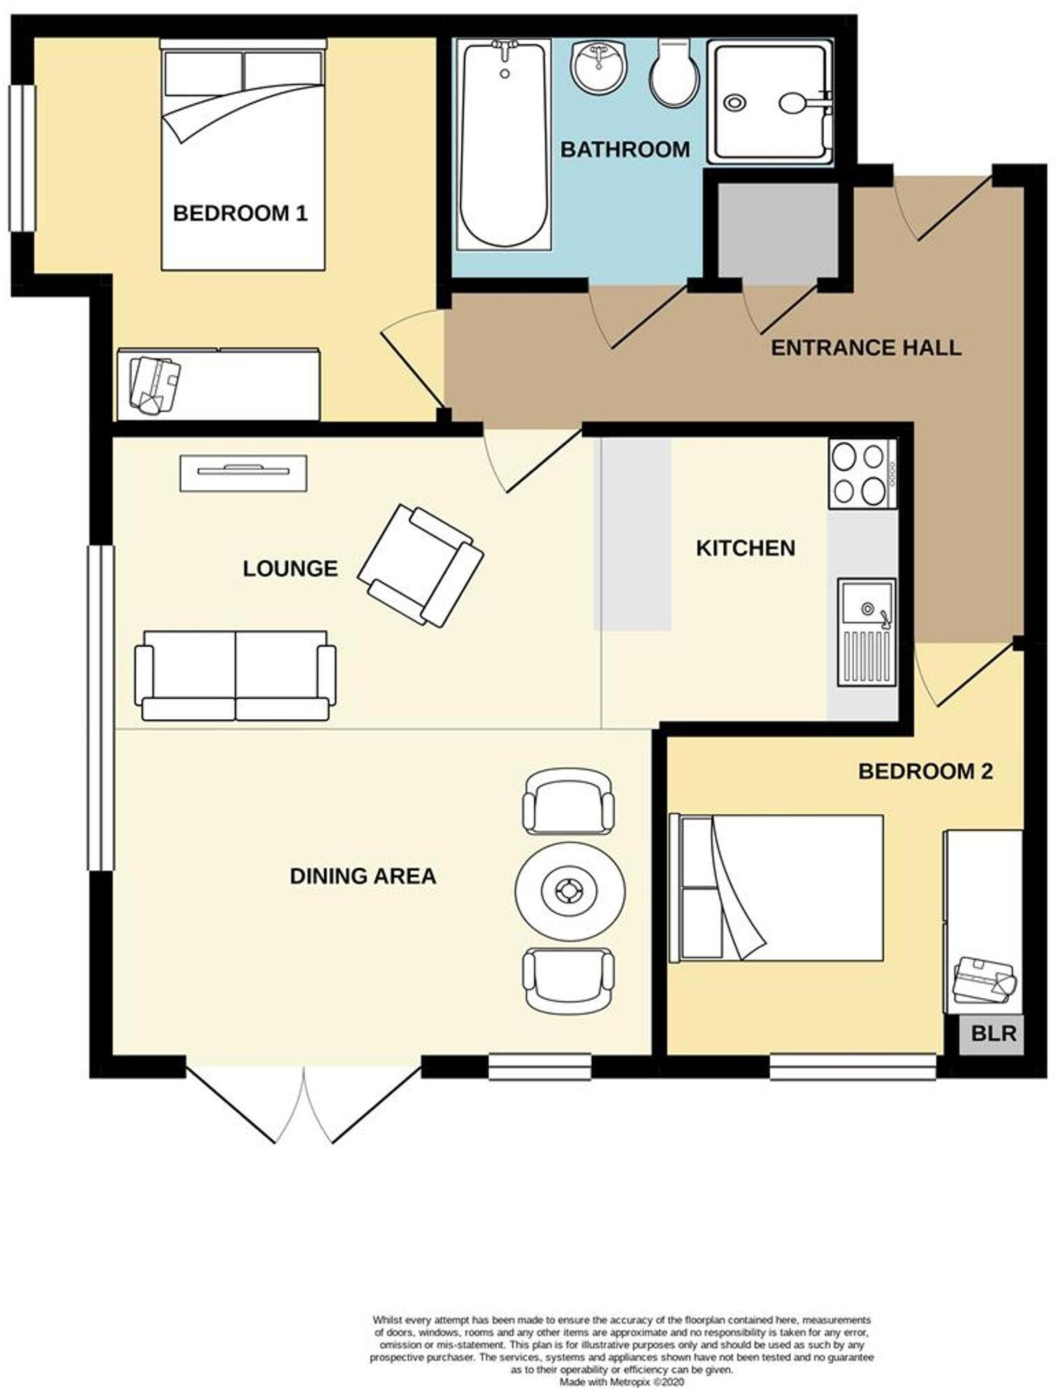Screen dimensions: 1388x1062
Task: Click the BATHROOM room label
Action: [625, 150]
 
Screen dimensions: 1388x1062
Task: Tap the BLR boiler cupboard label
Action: [993, 1033]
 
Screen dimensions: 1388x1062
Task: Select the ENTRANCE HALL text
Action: [865, 347]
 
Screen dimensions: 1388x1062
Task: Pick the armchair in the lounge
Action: [421, 565]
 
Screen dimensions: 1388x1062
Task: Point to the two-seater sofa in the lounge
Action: [235, 675]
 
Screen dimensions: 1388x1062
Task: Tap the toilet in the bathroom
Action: [674, 72]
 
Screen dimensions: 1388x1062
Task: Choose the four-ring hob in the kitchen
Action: [862, 474]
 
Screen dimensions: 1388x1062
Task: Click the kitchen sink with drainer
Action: [866, 632]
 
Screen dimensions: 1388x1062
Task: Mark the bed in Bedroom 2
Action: [776, 888]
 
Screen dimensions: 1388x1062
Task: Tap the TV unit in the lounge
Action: [243, 473]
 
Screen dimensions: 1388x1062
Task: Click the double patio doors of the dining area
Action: [304, 1101]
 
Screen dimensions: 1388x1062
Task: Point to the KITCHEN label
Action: [745, 548]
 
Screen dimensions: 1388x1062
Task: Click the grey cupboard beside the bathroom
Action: [778, 233]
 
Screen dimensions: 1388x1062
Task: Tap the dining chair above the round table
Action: [568, 802]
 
